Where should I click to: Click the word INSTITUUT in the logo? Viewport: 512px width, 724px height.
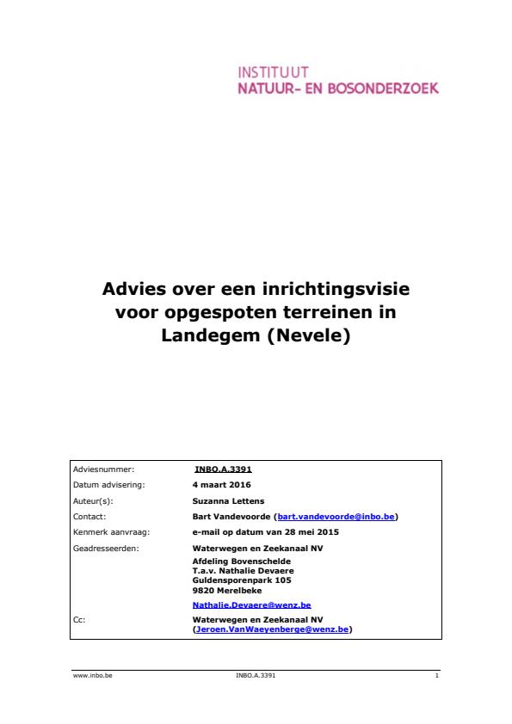coord(272,73)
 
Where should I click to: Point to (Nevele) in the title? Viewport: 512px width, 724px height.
coord(310,336)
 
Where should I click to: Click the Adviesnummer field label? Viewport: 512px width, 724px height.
coord(104,469)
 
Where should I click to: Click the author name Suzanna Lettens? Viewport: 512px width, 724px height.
coord(230,500)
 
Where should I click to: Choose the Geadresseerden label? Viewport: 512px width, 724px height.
coord(107,548)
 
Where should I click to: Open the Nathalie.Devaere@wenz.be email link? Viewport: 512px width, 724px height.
coord(251,605)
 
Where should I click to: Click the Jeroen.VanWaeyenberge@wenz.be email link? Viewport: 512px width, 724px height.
coord(273,629)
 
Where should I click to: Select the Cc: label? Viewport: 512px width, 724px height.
coord(79,618)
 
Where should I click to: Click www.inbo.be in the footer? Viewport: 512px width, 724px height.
coord(94,677)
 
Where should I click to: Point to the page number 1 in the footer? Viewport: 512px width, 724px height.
coord(437,677)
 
